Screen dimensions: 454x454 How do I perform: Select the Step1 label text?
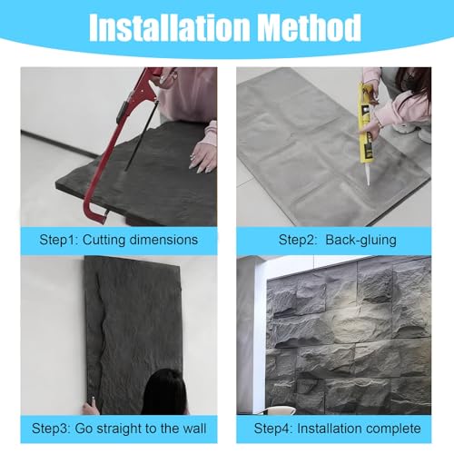59,240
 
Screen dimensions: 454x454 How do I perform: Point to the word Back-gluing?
360,240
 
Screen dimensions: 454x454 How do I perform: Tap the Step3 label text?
51,429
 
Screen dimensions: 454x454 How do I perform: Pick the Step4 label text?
273,429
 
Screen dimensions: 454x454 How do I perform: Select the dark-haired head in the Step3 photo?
165,392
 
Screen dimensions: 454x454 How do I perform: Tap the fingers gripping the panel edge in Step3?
91,406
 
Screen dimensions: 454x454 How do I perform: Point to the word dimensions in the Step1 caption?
163,240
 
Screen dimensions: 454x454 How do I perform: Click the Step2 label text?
298,240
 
